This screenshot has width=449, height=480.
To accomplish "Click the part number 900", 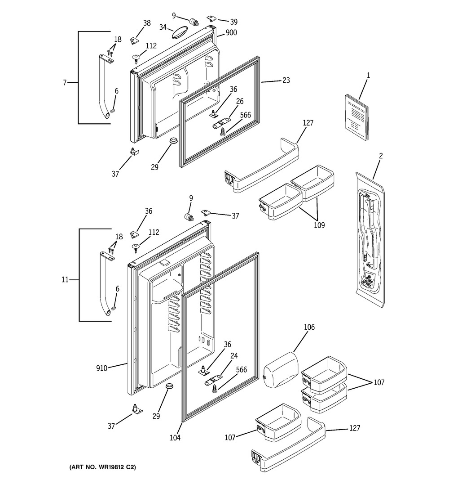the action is (231, 33).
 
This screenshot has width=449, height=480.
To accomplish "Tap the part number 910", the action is (102, 368).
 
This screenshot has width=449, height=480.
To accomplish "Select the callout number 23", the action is (286, 80).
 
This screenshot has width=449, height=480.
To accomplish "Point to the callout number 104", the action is (175, 438).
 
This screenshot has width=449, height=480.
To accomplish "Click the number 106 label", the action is (309, 327).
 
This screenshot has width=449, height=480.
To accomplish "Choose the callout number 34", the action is (163, 27).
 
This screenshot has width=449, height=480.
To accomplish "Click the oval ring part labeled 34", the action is (179, 32).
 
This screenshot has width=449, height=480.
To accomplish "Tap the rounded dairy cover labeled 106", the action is (281, 370).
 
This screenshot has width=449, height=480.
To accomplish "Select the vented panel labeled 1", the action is (357, 117).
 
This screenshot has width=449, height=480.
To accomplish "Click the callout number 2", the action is (381, 156).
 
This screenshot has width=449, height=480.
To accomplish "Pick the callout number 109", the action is (319, 225).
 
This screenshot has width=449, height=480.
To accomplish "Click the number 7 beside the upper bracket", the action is (65, 83).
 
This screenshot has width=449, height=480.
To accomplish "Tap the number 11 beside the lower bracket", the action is (65, 279).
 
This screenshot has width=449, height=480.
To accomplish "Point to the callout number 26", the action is (240, 101).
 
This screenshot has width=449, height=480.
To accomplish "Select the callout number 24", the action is (234, 356).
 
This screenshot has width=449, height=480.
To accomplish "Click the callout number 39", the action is (233, 22).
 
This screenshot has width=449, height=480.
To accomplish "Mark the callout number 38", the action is (147, 23).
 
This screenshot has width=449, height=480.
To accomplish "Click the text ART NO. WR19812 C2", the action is (103, 467).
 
